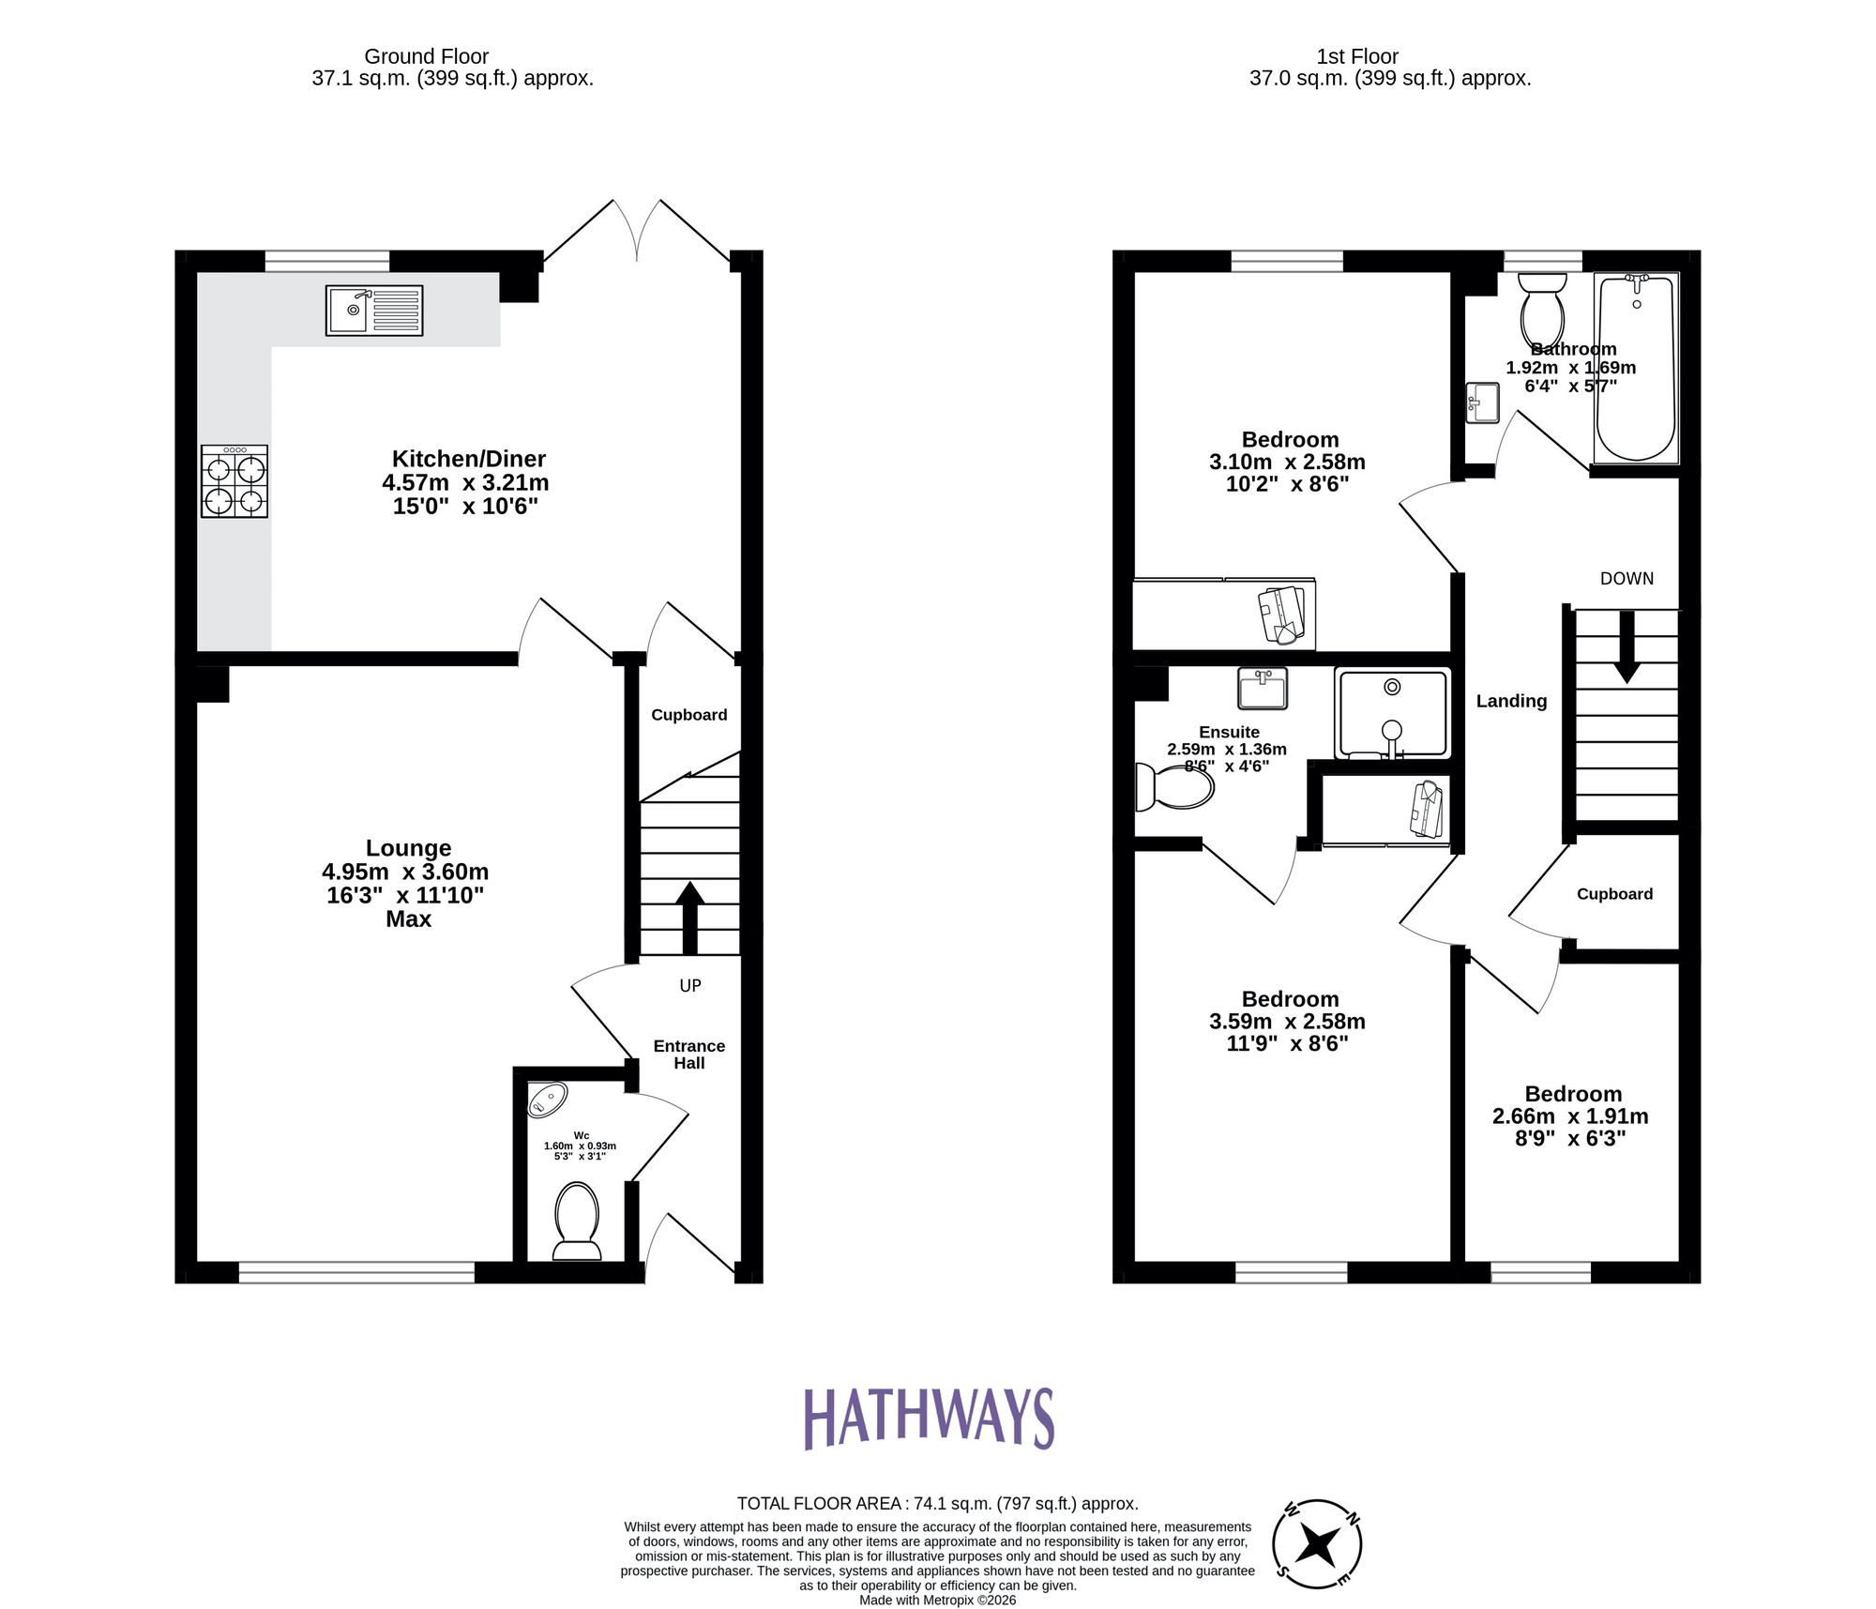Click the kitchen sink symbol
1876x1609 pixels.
pos(374,311)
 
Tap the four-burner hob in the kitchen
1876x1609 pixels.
pos(234,481)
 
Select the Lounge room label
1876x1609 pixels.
pos(408,848)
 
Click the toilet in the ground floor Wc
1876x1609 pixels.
pos(577,1220)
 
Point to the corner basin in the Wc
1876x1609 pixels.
pos(547,1099)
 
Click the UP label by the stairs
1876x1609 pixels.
pos(690,985)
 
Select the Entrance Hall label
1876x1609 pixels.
pos(689,1054)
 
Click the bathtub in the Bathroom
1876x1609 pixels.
pos(1636,369)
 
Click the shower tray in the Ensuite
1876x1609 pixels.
pos(1392,713)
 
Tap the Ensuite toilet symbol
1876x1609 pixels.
pos(1174,786)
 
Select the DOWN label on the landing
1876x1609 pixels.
pos(1626,579)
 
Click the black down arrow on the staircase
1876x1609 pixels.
pos(1626,647)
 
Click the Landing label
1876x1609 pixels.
pos(1511,701)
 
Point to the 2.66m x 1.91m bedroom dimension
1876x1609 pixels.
pos(1570,1116)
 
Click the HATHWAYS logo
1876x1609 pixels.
pos(929,1419)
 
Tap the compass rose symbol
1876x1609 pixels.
pos(1317,1543)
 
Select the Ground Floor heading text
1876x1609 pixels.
pos(426,56)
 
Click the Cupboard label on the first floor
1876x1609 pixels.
pos(1614,894)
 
